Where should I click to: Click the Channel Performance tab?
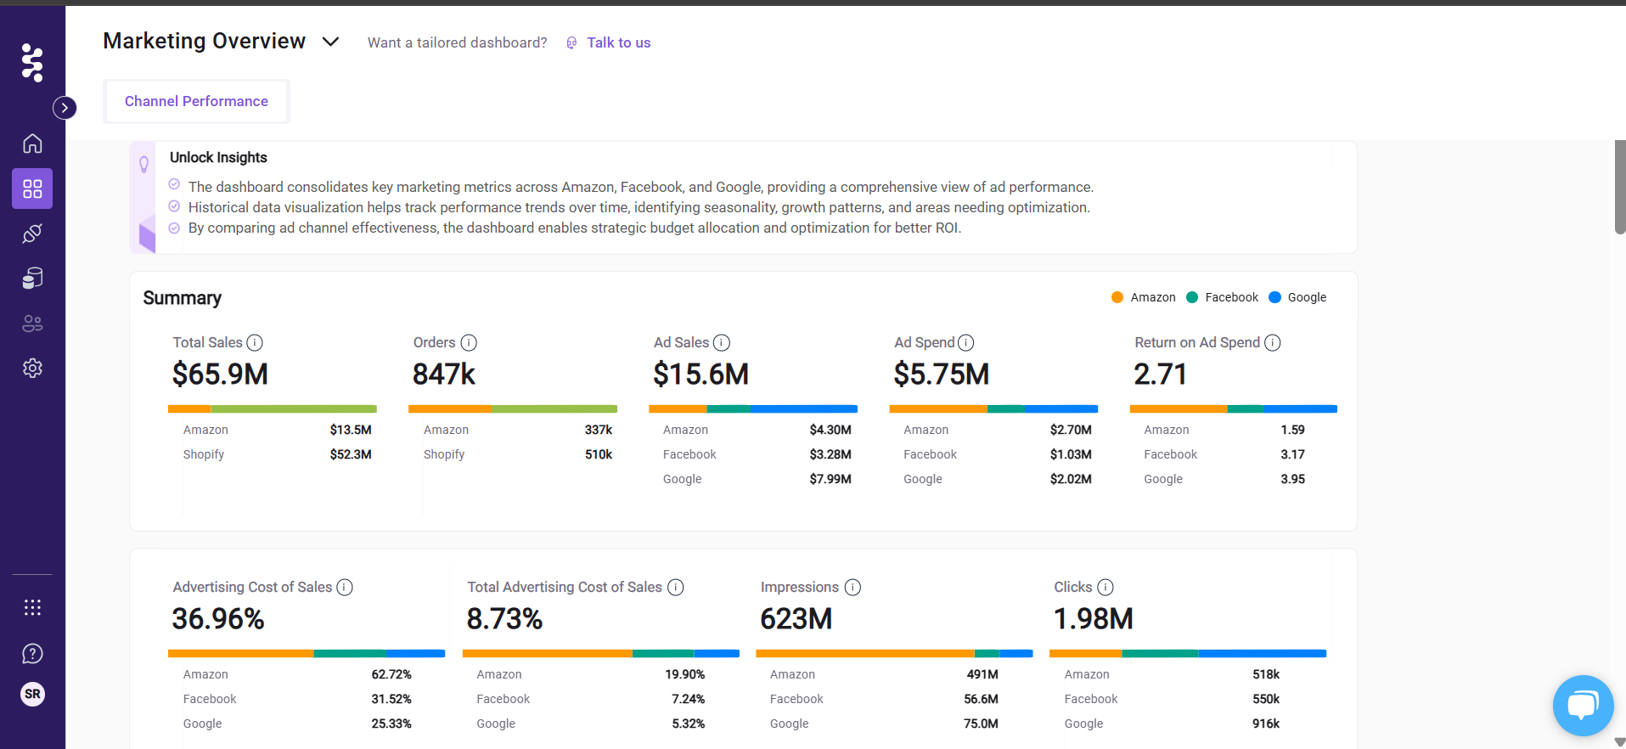click(x=196, y=101)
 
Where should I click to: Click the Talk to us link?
click(x=618, y=42)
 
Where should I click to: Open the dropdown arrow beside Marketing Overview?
click(x=331, y=42)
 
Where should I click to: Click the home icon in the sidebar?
click(x=32, y=144)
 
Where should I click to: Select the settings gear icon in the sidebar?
click(x=32, y=368)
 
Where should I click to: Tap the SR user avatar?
click(x=32, y=694)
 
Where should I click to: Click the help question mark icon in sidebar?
click(x=32, y=653)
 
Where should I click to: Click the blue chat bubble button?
click(x=1583, y=705)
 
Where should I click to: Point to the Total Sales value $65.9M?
click(x=220, y=374)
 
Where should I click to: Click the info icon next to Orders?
click(x=469, y=342)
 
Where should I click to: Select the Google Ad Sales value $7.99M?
click(x=830, y=479)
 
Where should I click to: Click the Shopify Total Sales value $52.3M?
click(x=351, y=454)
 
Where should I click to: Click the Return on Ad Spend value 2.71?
click(x=1160, y=374)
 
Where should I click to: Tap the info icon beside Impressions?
click(x=852, y=587)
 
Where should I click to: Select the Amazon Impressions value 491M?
click(x=982, y=674)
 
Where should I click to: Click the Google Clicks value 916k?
click(x=1265, y=724)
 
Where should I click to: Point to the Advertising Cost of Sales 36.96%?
click(x=218, y=618)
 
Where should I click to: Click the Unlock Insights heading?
click(x=218, y=157)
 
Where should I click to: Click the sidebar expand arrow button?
click(x=65, y=108)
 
